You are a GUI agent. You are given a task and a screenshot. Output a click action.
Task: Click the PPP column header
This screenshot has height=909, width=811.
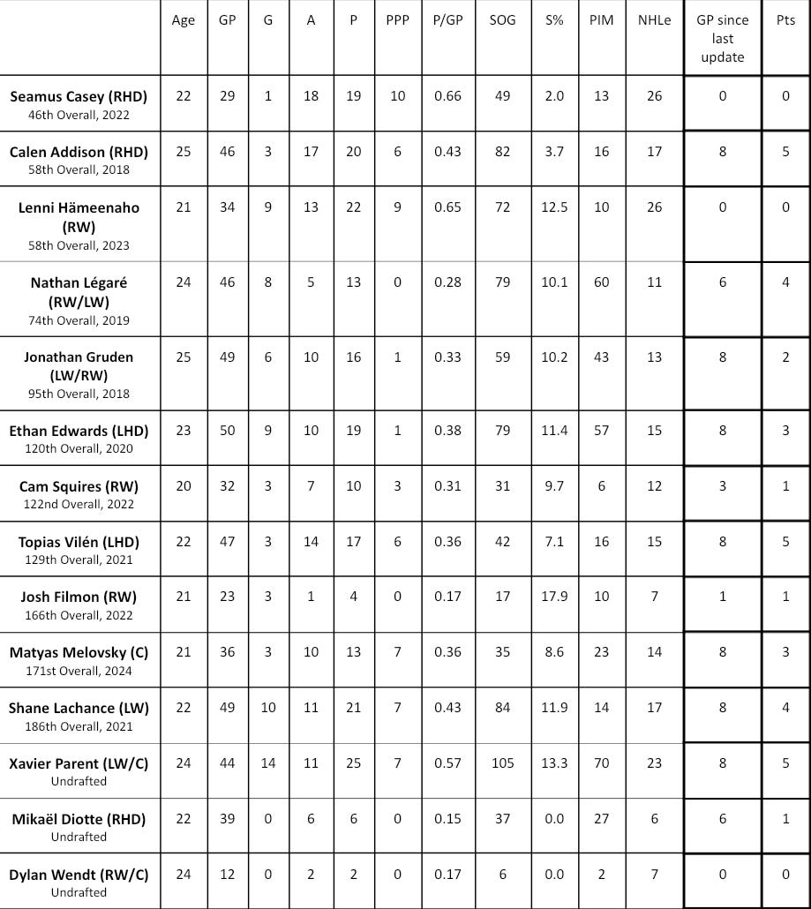[x=397, y=20]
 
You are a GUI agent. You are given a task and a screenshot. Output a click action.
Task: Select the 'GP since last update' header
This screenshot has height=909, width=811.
[x=722, y=39]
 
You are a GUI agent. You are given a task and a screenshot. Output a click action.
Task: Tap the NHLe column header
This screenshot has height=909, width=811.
[x=654, y=20]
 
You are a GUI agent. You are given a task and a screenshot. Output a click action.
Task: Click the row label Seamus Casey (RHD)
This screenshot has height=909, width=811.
[x=79, y=96]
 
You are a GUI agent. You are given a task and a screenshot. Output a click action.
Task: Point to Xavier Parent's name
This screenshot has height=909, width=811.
[x=79, y=763]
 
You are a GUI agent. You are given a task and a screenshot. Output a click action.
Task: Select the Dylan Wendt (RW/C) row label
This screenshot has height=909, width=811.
[x=79, y=875]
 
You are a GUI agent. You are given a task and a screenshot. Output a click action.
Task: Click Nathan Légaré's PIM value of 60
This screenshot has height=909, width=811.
[x=601, y=282]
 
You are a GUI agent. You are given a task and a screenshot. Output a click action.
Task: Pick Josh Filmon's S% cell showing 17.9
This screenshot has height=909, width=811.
[x=554, y=597]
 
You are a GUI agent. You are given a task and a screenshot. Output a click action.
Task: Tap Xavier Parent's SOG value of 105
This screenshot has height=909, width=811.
[x=502, y=763]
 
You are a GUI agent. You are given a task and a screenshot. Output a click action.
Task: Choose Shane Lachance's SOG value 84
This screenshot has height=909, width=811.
[x=502, y=708]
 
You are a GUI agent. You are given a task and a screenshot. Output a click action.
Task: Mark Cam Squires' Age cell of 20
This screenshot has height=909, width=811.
[x=184, y=486]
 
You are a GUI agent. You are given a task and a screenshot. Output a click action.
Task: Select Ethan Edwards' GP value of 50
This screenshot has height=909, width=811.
[x=227, y=431]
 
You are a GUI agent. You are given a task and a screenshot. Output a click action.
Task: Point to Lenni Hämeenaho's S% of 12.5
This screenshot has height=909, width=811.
[x=554, y=207]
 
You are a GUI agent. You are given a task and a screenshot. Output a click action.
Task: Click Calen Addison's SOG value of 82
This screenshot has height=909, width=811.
[x=502, y=152]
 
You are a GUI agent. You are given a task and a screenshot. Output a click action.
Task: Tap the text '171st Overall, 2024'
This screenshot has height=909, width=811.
[x=79, y=671]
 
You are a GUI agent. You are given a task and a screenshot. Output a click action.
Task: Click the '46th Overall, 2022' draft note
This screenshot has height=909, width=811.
[x=79, y=115]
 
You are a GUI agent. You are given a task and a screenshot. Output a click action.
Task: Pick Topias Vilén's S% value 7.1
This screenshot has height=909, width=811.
[x=554, y=542]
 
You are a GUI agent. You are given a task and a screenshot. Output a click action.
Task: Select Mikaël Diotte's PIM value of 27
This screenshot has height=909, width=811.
[x=601, y=818]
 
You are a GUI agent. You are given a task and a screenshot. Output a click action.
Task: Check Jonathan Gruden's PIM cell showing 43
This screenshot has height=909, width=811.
[x=601, y=357]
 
